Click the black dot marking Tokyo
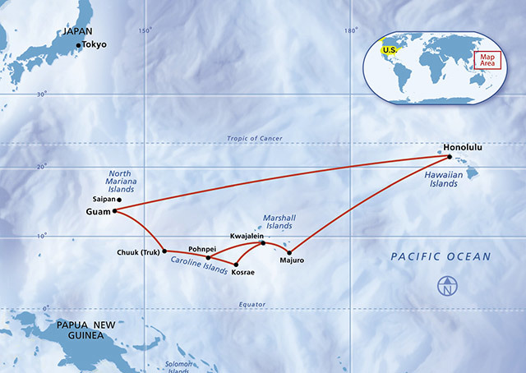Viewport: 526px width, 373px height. pyautogui.click(x=79, y=45)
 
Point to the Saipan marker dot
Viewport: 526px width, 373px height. pyautogui.click(x=119, y=200)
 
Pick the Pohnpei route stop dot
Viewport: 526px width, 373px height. pyautogui.click(x=208, y=257)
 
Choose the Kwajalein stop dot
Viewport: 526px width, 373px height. pyautogui.click(x=263, y=242)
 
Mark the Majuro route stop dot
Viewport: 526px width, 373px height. pyautogui.click(x=289, y=252)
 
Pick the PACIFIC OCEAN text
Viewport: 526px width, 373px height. pyautogui.click(x=441, y=257)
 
